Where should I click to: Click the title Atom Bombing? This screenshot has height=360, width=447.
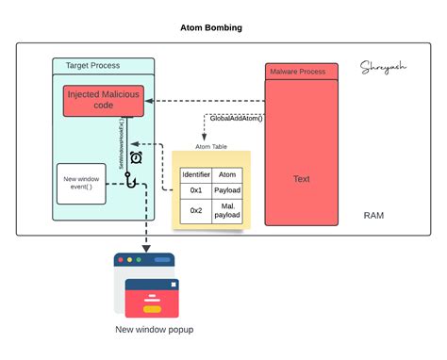[x=210, y=27]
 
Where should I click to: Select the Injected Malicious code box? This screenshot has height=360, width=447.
[x=103, y=100]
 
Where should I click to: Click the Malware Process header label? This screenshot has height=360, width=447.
[x=297, y=72]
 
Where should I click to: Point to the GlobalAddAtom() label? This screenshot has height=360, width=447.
[x=235, y=119]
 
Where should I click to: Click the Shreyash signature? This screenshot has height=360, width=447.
[x=382, y=67]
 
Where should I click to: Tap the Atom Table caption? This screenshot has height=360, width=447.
[x=212, y=146]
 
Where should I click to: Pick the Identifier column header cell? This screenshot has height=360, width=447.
[x=195, y=173]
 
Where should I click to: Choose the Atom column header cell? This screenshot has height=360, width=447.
[x=227, y=173]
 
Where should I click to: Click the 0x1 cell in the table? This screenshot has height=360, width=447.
[x=195, y=190]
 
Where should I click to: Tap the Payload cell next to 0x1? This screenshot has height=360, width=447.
[x=227, y=190]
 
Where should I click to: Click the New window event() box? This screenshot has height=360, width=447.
[x=81, y=183]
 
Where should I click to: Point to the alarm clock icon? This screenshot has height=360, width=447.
[x=136, y=157]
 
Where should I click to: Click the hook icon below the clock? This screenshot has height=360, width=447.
[x=133, y=178]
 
